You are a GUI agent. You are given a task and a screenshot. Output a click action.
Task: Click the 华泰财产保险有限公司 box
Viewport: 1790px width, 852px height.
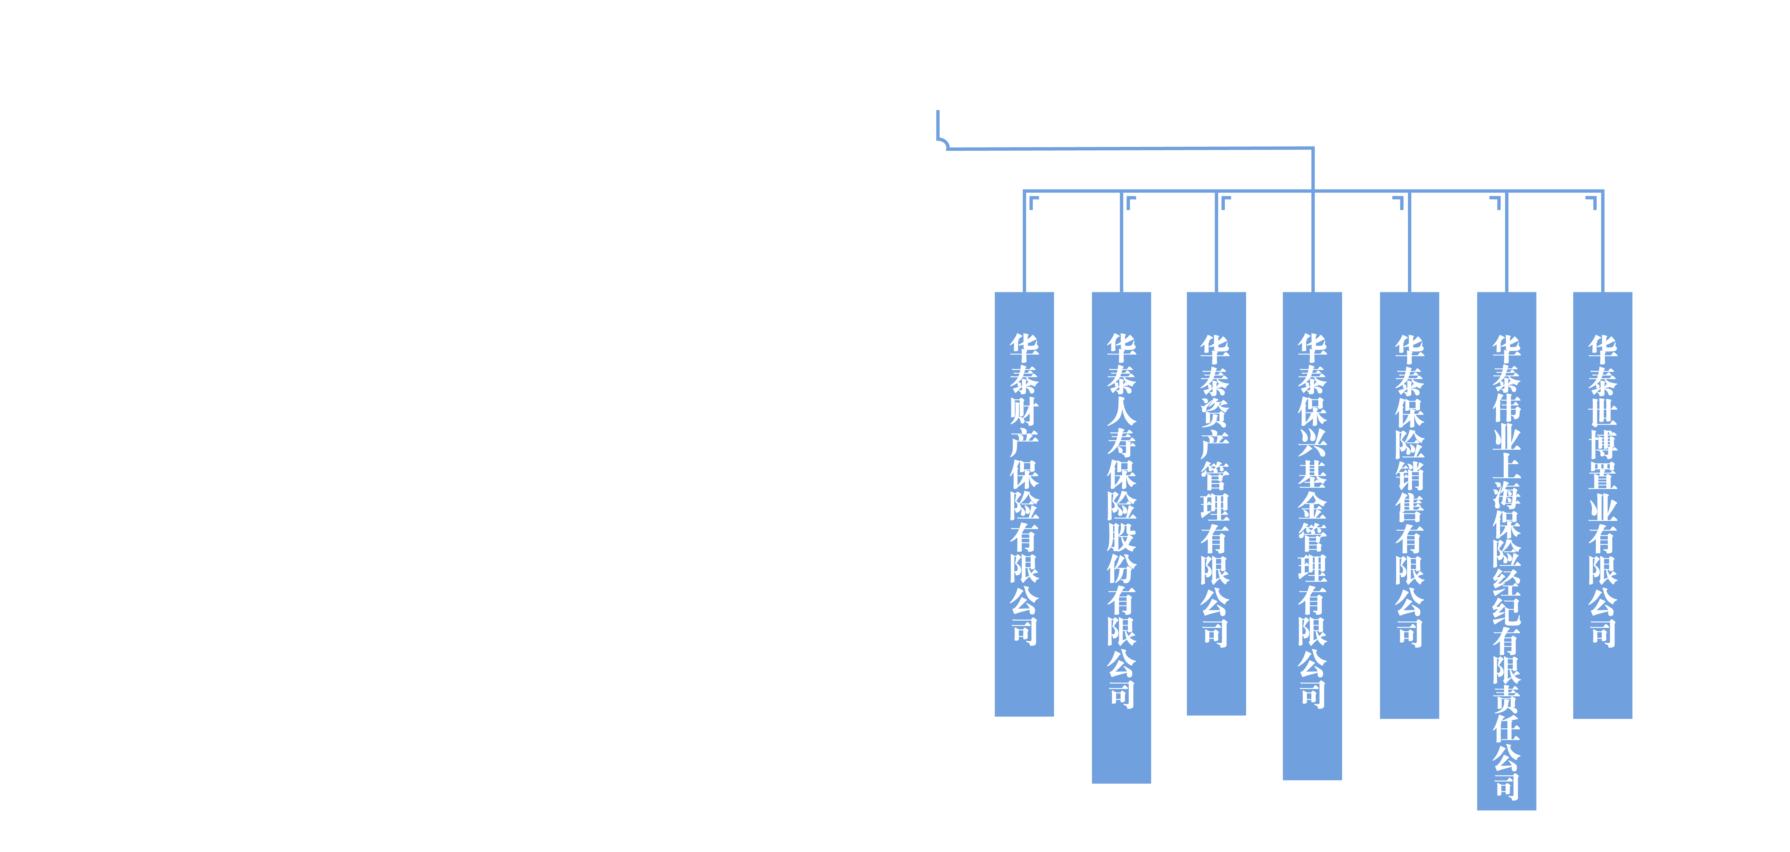pyautogui.click(x=1024, y=504)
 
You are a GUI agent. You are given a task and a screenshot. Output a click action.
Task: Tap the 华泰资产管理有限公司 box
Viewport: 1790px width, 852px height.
pyautogui.click(x=1216, y=504)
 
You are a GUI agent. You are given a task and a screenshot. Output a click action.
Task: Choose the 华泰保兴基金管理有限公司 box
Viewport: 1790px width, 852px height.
pyautogui.click(x=1312, y=535)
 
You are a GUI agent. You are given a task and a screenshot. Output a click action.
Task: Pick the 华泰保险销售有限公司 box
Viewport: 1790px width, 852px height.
pyautogui.click(x=1409, y=505)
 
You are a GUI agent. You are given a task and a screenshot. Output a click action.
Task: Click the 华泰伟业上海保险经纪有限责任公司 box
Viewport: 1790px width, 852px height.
pyautogui.click(x=1506, y=550)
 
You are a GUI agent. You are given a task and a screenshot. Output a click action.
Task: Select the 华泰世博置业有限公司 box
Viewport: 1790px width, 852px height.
pyautogui.click(x=1602, y=505)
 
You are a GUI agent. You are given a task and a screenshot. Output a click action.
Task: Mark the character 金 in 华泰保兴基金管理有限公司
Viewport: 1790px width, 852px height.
pyautogui.click(x=1312, y=505)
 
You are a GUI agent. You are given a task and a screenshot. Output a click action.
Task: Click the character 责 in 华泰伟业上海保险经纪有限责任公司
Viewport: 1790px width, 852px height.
pyautogui.click(x=1506, y=698)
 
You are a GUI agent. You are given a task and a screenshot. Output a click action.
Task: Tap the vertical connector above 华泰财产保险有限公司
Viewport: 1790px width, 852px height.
pyautogui.click(x=1024, y=243)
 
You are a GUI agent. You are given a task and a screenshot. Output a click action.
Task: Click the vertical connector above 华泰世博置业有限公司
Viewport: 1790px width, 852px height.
pyautogui.click(x=1602, y=243)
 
